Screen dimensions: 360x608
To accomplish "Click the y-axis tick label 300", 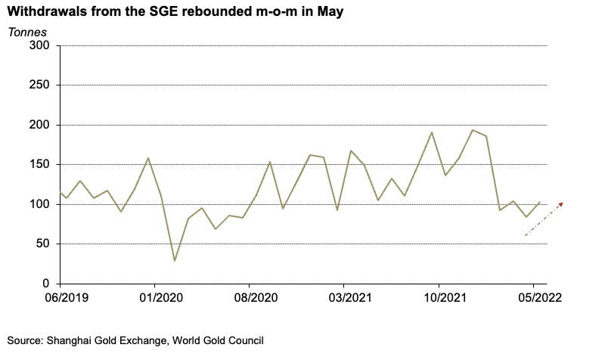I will tap(38, 45).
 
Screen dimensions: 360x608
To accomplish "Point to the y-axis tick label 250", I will tap(38, 85).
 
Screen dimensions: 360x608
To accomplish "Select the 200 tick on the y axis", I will tap(38, 125).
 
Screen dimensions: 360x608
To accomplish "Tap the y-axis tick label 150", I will tap(38, 164).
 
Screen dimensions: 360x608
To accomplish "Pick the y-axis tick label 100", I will tap(38, 204).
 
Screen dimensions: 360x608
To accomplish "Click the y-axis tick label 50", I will tap(41, 244).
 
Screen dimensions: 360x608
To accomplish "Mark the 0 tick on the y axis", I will tap(45, 284).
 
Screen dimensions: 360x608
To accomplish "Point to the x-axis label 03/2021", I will tap(344, 297).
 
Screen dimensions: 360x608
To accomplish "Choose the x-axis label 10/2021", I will tap(439, 297).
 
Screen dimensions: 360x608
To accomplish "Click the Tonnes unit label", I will tap(27, 32).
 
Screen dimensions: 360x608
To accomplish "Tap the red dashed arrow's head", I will tap(562, 203).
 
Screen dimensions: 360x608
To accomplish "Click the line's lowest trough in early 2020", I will tap(175, 261).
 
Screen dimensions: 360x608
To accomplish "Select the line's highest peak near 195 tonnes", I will tap(472, 130).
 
